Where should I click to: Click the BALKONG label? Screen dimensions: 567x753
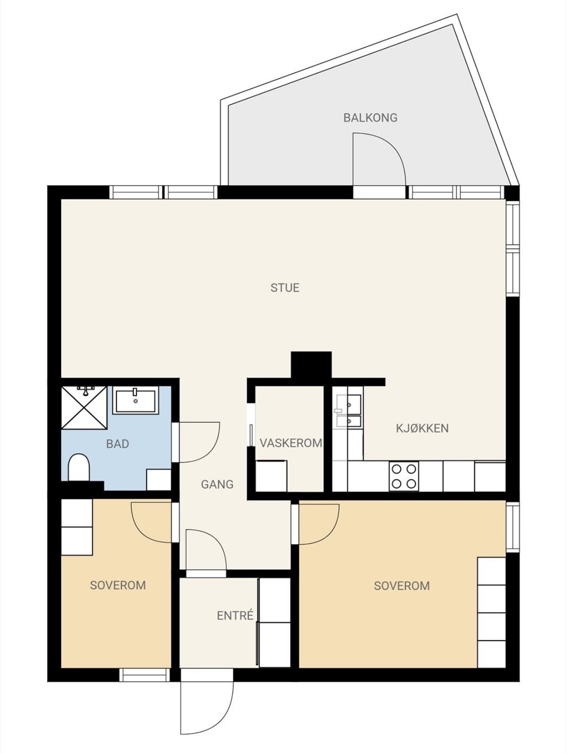pyautogui.click(x=370, y=118)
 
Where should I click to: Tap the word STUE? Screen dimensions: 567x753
pyautogui.click(x=285, y=288)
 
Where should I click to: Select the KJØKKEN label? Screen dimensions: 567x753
pyautogui.click(x=422, y=428)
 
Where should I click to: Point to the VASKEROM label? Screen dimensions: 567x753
pyautogui.click(x=291, y=443)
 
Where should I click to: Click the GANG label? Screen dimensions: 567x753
pyautogui.click(x=217, y=484)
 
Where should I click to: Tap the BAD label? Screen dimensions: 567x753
pyautogui.click(x=117, y=443)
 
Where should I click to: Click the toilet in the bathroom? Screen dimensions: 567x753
pyautogui.click(x=79, y=467)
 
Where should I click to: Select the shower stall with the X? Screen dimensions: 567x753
pyautogui.click(x=84, y=407)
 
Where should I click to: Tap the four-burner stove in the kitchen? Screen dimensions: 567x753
pyautogui.click(x=404, y=477)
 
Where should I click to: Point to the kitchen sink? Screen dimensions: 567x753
pyautogui.click(x=349, y=411)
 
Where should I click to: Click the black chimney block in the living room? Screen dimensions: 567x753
pyautogui.click(x=311, y=365)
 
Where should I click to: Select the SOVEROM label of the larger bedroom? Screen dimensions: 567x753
pyautogui.click(x=402, y=585)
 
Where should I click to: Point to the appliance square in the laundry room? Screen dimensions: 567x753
pyautogui.click(x=271, y=476)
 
